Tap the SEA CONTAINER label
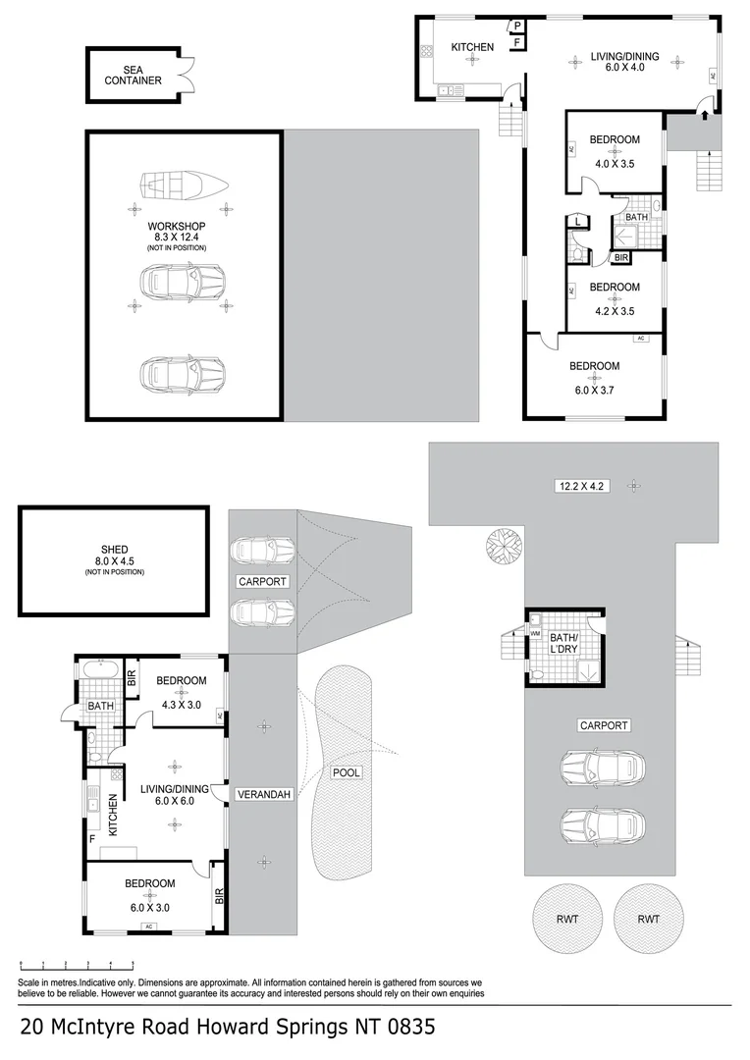tap(133, 75)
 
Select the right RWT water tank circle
tap(647, 920)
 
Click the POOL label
tap(346, 772)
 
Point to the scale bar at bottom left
tap(77, 965)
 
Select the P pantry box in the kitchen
tap(516, 26)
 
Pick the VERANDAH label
tap(263, 795)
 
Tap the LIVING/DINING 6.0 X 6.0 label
tap(175, 795)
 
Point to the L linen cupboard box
tap(578, 223)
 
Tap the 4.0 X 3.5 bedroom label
tap(615, 152)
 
